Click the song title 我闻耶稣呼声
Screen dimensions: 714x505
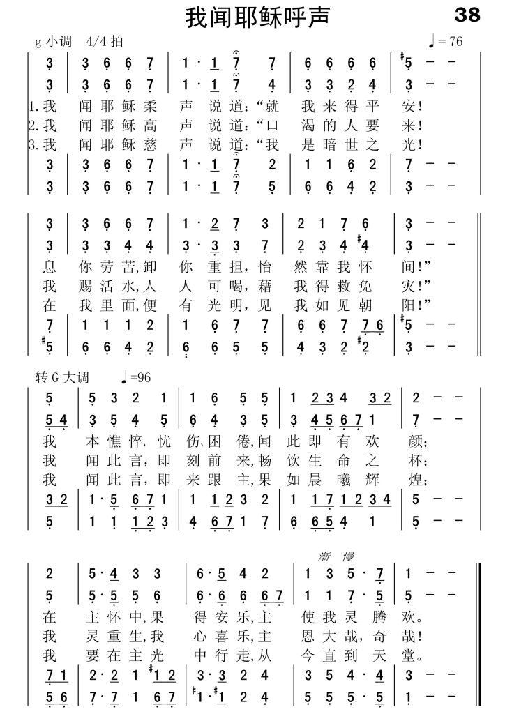tap(257, 17)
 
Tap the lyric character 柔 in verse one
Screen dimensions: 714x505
tap(148, 107)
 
